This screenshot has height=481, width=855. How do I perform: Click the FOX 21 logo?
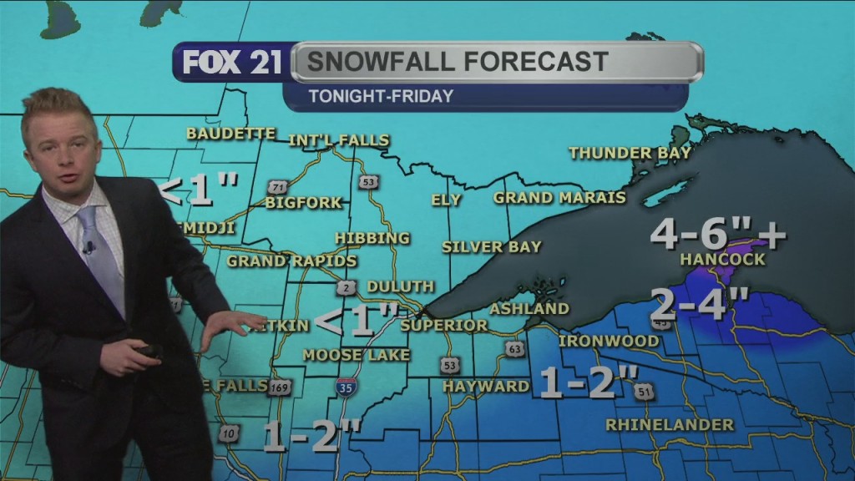tap(232, 63)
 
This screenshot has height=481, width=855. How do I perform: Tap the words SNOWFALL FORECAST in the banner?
tap(457, 61)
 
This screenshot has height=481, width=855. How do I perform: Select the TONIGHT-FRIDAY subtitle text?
tap(381, 96)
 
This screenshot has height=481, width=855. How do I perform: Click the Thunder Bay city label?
tap(630, 153)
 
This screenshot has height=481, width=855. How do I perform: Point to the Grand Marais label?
tap(559, 198)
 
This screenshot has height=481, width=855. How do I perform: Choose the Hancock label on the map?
tap(722, 260)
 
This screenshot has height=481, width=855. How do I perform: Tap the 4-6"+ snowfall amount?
tap(717, 235)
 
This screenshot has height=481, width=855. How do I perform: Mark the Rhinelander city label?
tap(670, 425)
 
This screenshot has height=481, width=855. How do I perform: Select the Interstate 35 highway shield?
tap(346, 387)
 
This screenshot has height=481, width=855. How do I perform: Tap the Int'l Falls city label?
tap(339, 140)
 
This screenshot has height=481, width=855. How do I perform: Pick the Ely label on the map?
tap(447, 200)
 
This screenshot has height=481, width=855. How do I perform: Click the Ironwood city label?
tap(597, 342)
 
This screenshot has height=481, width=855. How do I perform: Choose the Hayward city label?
tap(486, 386)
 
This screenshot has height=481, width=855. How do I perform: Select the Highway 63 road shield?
tap(515, 349)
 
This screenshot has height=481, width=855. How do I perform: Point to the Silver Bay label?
tap(492, 247)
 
